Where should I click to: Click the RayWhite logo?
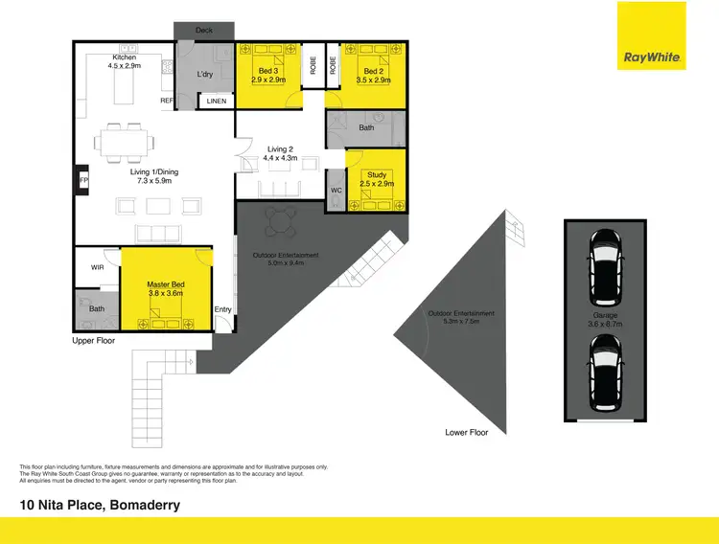653,57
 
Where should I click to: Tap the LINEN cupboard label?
217,100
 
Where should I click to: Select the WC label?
336,189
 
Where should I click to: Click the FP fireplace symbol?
81,179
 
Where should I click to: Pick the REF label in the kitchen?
166,100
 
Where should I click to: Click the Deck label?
204,31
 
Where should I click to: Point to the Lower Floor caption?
467,432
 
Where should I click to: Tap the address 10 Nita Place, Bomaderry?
100,504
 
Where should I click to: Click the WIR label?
97,267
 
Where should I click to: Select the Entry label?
222,309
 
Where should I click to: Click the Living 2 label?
280,153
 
